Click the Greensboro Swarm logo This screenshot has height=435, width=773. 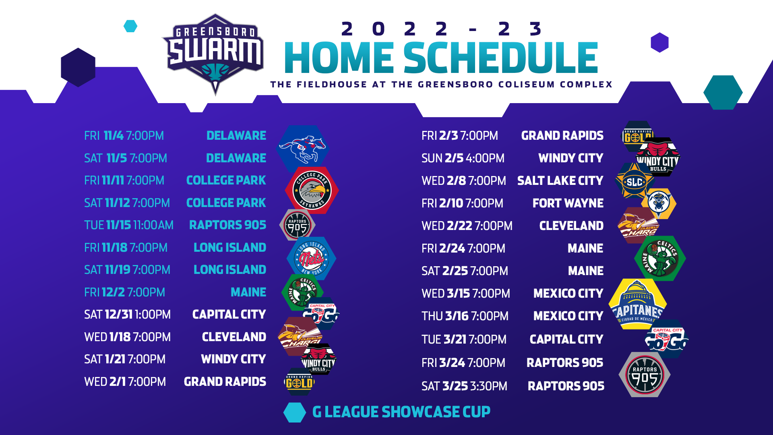[214, 52]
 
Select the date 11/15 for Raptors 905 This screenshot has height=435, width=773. [119, 225]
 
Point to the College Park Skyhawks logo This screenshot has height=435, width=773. [312, 190]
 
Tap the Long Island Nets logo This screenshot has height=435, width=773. [311, 258]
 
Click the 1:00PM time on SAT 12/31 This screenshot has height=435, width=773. [153, 315]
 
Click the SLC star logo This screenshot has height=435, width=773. [634, 182]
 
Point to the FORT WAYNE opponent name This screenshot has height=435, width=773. [568, 203]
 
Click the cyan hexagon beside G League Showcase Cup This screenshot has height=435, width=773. [295, 412]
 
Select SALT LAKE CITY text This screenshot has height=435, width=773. [560, 181]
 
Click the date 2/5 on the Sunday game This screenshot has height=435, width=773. [454, 158]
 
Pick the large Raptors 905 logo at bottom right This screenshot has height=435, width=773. [645, 375]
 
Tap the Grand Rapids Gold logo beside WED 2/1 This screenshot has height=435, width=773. [299, 382]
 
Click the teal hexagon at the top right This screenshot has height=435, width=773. [723, 92]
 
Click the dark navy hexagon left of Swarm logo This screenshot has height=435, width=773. [78, 67]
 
